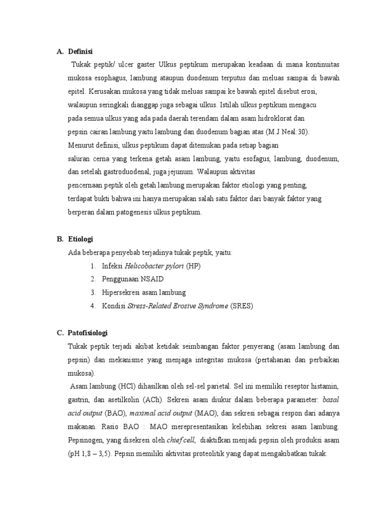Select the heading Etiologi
(80, 239)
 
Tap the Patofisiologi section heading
(88, 333)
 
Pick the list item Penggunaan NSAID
(132, 279)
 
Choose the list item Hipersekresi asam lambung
(143, 293)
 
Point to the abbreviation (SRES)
(242, 306)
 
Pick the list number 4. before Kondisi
(93, 306)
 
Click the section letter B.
(60, 239)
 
